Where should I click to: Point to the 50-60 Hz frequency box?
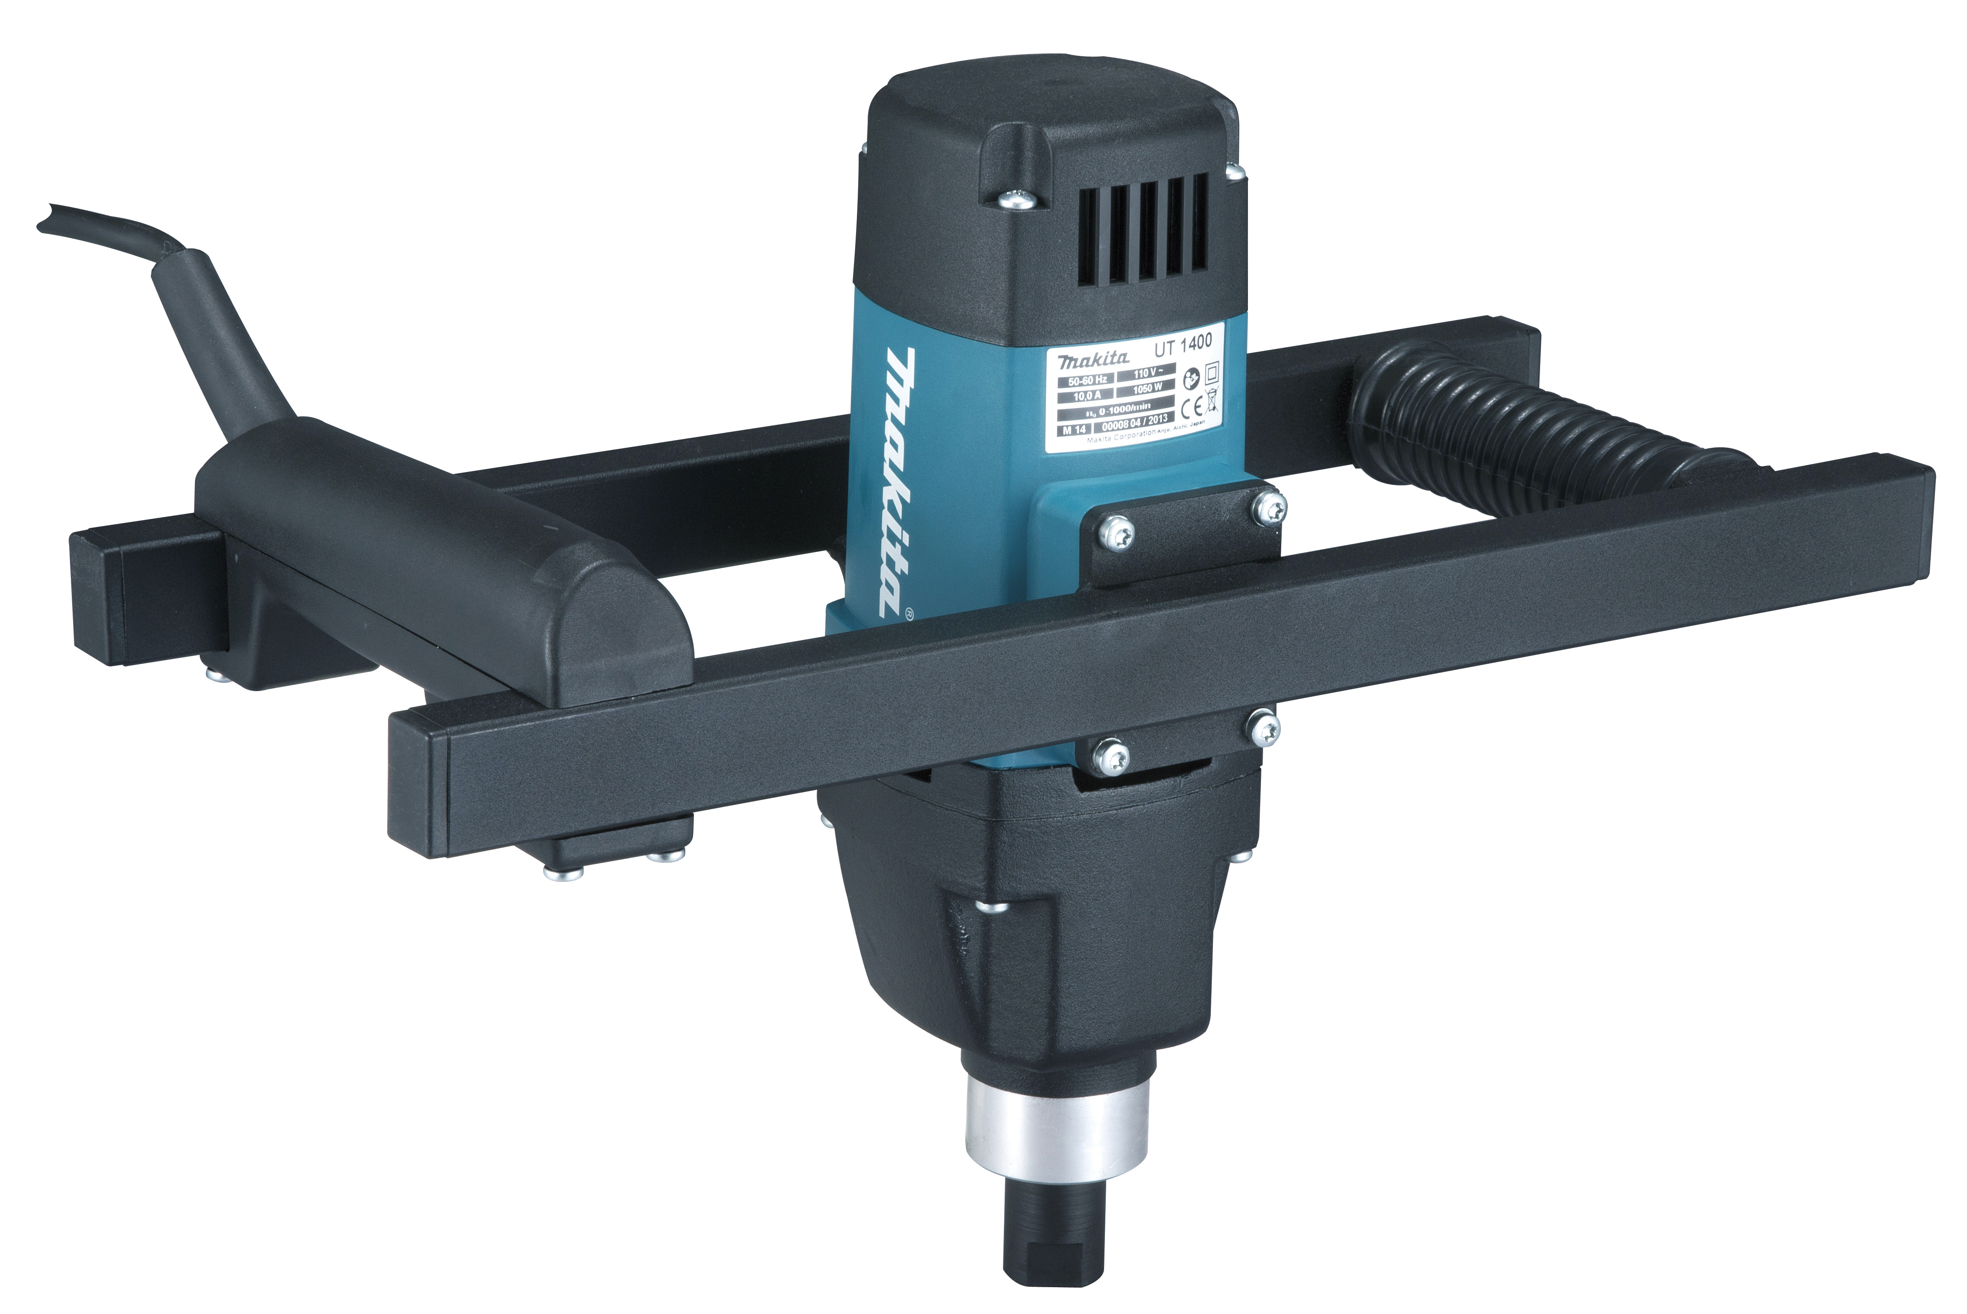click(x=1086, y=380)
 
